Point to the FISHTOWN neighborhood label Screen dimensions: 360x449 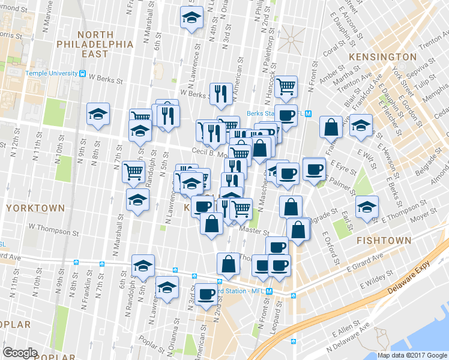click(x=384, y=240)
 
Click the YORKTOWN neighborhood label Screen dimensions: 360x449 click(x=35, y=208)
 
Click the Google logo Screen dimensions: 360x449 click(x=20, y=352)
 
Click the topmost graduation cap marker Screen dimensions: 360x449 click(x=191, y=17)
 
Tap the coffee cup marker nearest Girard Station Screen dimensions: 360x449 click(x=206, y=294)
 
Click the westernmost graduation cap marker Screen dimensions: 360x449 click(x=98, y=114)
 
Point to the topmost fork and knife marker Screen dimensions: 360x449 click(x=220, y=93)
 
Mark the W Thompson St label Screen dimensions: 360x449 click(x=53, y=229)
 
